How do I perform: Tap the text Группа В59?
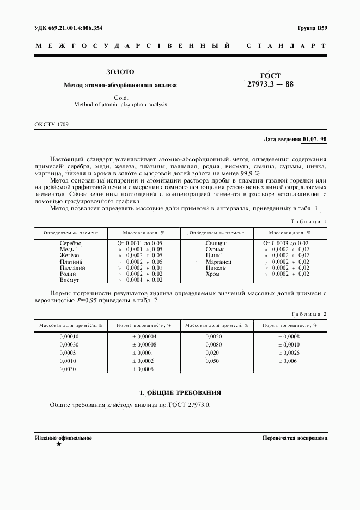(x=312, y=27)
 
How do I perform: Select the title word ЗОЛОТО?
(x=120, y=72)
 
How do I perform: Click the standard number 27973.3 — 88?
(x=271, y=85)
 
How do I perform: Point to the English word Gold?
(x=120, y=98)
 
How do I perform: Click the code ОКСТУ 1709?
(x=52, y=125)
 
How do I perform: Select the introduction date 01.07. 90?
(x=313, y=139)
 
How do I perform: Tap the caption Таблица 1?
(x=308, y=221)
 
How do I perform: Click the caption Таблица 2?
(x=308, y=314)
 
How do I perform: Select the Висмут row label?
(x=69, y=280)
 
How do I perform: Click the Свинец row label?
(x=216, y=243)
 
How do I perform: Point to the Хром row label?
(x=213, y=274)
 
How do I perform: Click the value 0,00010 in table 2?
(x=69, y=337)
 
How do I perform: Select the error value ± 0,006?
(x=288, y=361)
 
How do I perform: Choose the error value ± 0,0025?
(x=289, y=353)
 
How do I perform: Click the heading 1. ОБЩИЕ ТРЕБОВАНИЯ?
(x=180, y=392)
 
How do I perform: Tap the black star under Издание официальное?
(x=58, y=444)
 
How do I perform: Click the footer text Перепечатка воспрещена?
(x=294, y=438)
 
